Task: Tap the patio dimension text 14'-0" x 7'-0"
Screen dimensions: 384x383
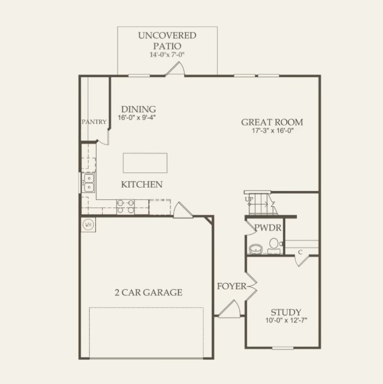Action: pos(167,54)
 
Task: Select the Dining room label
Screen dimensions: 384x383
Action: pos(138,109)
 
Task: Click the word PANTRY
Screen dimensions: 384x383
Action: pos(95,121)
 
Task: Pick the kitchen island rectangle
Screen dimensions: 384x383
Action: pos(145,163)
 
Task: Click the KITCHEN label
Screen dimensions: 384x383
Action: pos(142,184)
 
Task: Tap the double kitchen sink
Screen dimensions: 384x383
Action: pos(88,183)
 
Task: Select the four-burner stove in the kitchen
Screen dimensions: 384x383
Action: pos(125,206)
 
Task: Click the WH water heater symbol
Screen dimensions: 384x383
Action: pos(88,224)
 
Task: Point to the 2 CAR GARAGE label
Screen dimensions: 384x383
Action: pos(148,292)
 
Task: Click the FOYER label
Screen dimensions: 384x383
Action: pos(231,286)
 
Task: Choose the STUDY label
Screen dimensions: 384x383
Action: pos(286,312)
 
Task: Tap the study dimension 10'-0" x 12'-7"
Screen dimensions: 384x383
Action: pos(286,320)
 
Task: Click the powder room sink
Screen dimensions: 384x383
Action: pos(256,248)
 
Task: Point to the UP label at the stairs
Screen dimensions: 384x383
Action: pos(249,199)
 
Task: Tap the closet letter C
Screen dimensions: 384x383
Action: pos(300,251)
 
